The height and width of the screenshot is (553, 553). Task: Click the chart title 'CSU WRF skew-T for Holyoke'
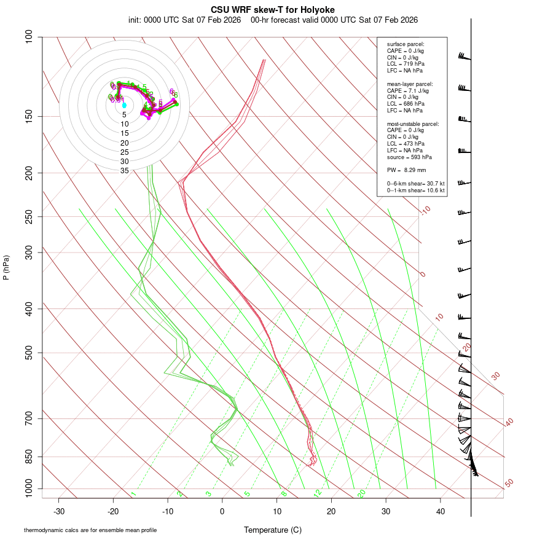[273, 10]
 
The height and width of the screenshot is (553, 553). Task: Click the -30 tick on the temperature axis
[59, 511]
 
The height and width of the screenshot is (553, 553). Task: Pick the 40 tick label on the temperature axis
[440, 511]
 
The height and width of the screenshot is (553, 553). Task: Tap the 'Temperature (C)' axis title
[273, 530]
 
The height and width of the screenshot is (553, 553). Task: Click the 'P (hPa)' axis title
[6, 267]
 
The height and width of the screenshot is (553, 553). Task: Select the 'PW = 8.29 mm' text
[406, 170]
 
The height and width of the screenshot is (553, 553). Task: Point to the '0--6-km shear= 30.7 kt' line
[415, 184]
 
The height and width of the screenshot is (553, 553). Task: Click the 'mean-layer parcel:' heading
[410, 84]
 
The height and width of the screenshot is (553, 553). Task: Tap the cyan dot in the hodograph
[124, 105]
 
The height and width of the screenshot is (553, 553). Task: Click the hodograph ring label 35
[124, 171]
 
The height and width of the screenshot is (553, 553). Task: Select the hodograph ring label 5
[124, 114]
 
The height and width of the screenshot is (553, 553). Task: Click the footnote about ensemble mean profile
[90, 530]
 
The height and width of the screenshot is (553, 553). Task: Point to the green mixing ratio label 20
[361, 493]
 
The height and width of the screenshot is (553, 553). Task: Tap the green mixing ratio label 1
[133, 494]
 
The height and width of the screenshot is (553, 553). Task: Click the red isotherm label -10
[425, 211]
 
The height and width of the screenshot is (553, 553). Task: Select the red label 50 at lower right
[509, 483]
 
